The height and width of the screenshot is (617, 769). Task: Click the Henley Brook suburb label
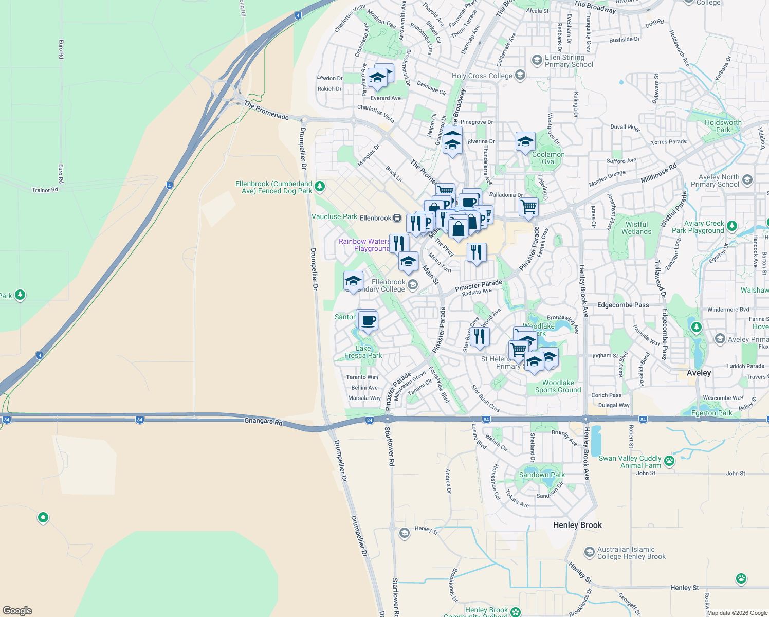[577, 525]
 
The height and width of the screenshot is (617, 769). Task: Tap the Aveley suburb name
[699, 373]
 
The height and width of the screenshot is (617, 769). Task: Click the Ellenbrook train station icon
[397, 218]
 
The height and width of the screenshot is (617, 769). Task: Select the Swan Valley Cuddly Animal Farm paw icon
[669, 461]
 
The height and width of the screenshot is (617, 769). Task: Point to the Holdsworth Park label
[723, 126]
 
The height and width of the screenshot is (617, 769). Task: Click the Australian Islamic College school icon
[589, 553]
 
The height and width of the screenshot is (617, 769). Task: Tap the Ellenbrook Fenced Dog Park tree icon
[320, 186]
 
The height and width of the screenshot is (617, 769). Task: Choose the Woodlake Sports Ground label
[558, 386]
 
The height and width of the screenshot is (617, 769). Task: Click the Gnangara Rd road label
[264, 422]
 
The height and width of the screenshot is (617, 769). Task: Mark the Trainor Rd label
[45, 190]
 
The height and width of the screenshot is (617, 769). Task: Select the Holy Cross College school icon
[520, 76]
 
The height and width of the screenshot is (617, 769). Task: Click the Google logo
[17, 611]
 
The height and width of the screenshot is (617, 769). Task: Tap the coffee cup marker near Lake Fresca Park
[368, 321]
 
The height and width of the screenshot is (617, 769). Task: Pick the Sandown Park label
[542, 475]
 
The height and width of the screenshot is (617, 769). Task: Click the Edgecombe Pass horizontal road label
[623, 305]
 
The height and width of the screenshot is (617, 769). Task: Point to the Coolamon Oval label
[548, 158]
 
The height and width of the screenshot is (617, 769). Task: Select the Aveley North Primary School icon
[747, 179]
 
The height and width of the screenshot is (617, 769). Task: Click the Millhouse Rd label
[658, 173]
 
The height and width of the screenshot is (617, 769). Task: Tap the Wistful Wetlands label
[636, 228]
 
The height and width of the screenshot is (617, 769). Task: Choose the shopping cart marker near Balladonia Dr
[529, 208]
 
